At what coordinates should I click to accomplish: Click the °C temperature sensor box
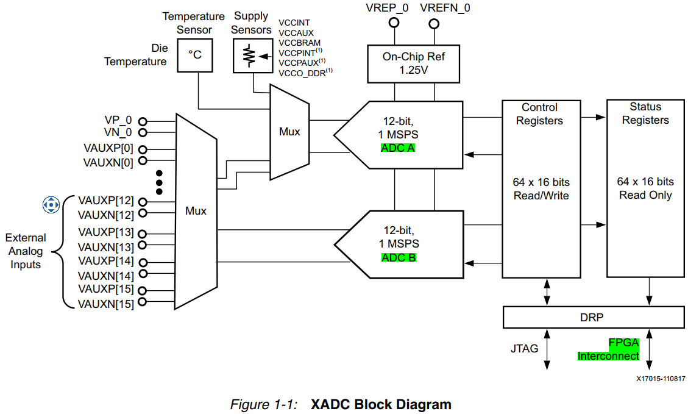[x=195, y=55]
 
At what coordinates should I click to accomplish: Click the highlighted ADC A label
[x=399, y=148]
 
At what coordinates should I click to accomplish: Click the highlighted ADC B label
[x=399, y=257]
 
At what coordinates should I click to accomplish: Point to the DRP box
[x=592, y=317]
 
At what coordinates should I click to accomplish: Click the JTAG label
[x=524, y=349]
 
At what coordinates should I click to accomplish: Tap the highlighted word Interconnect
[x=609, y=355]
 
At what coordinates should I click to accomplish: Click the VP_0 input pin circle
[x=143, y=121]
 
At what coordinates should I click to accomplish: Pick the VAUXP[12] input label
[x=105, y=200]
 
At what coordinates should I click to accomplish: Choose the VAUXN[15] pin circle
[x=143, y=302]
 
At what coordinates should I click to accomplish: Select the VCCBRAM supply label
[x=299, y=43]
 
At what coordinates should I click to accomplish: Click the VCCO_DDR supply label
[x=302, y=73]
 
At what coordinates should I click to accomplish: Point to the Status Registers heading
[x=645, y=113]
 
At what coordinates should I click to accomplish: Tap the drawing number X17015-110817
[x=661, y=379]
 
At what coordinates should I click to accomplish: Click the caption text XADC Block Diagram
[x=381, y=404]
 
